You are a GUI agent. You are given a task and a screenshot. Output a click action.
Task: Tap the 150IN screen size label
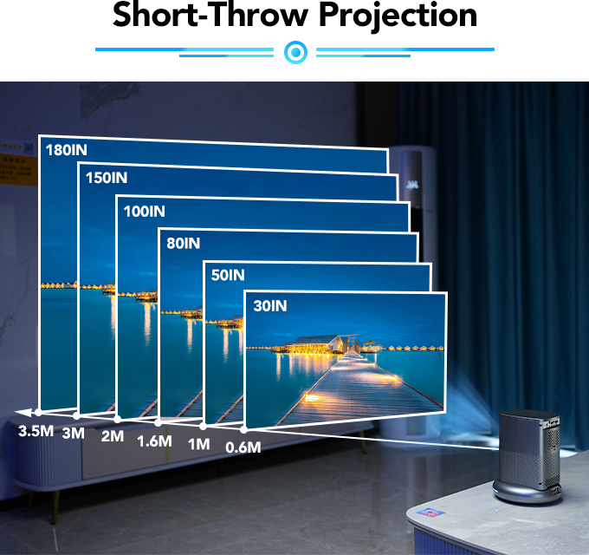pos(107,179)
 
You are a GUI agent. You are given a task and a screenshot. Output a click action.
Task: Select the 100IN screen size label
pos(144,211)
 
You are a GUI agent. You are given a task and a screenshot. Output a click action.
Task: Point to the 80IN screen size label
pos(183,244)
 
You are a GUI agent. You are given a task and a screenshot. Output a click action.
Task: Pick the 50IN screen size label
pos(228,275)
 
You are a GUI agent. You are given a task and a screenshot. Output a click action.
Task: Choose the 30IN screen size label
pos(269,305)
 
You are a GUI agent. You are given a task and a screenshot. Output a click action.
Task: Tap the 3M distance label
pos(74,433)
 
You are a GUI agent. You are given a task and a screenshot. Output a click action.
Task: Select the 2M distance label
pos(113,435)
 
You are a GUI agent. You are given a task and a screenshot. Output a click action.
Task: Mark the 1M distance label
pos(199,444)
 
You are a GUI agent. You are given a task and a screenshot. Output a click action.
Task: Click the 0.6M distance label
pos(243,447)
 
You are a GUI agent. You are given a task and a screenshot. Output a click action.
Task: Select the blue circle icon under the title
pos(295,53)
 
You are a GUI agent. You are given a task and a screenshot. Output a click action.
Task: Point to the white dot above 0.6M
pos(243,429)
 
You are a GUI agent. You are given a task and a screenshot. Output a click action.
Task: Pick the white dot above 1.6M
pos(158,423)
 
